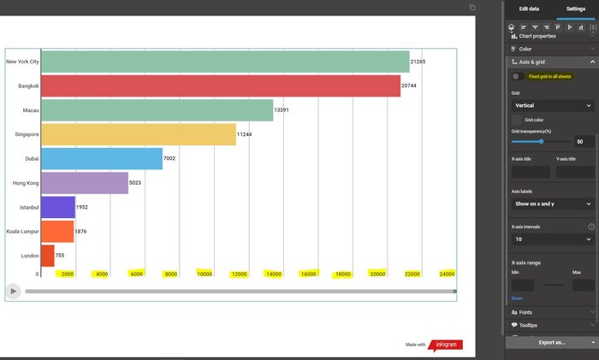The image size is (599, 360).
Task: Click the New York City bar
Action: [x=224, y=62]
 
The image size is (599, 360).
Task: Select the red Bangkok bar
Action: [x=220, y=86]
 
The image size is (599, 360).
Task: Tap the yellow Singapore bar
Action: [x=138, y=134]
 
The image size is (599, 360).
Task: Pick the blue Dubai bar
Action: [x=101, y=158]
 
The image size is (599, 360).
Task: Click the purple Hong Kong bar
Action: [x=84, y=182]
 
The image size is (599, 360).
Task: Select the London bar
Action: [x=48, y=255]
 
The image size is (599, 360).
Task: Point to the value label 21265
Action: [x=418, y=62]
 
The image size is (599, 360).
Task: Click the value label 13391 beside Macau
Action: [x=282, y=110]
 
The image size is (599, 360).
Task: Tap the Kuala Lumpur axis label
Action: [x=21, y=231]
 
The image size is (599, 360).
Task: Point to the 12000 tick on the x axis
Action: [x=239, y=274]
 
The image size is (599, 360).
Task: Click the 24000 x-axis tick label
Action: [x=447, y=274]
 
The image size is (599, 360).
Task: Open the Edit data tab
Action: [x=529, y=9]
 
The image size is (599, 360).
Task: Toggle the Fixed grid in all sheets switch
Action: [x=518, y=77]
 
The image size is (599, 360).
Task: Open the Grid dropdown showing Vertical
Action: [x=552, y=105]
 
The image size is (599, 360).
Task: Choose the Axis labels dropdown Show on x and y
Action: [x=552, y=204]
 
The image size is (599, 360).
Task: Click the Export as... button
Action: [x=552, y=342]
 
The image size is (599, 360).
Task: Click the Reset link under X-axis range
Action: [x=517, y=298]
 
